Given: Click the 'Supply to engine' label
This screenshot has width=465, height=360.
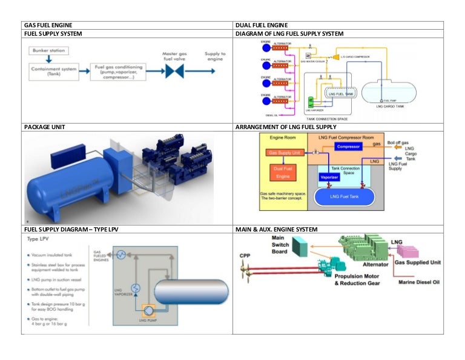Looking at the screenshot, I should point(215,57).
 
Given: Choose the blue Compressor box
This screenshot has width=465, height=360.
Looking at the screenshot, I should point(348,147).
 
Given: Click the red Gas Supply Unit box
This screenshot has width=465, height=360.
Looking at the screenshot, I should point(284,153).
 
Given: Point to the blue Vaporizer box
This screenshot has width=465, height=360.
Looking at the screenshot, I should point(329,178).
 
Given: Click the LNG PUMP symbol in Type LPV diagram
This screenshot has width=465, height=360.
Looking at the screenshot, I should point(147,310).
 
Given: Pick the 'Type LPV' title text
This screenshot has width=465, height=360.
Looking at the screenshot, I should point(39,240).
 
